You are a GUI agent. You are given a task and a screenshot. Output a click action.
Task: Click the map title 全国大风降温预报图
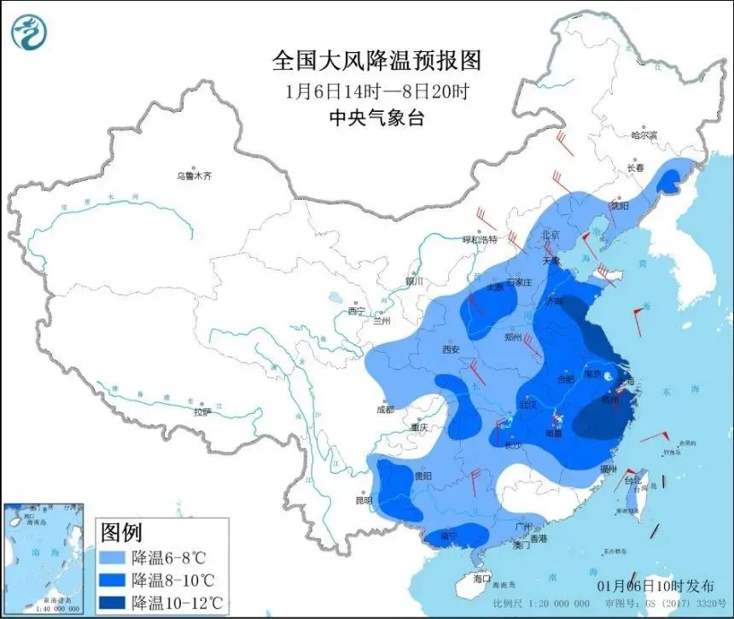tap(376, 61)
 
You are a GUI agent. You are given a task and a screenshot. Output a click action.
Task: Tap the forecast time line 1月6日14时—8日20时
tap(376, 91)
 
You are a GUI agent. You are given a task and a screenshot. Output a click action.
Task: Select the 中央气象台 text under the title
tap(376, 119)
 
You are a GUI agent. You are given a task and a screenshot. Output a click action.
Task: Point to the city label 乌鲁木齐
tap(193, 176)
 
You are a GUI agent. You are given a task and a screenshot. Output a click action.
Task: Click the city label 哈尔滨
tap(644, 135)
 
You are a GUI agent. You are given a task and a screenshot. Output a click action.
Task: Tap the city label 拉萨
tap(201, 412)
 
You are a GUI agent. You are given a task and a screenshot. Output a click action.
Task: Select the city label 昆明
tap(364, 500)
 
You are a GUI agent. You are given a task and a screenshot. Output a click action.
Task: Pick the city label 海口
tap(484, 578)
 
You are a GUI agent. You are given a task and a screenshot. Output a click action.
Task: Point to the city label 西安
tap(451, 349)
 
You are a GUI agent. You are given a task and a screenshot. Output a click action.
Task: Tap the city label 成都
tap(385, 409)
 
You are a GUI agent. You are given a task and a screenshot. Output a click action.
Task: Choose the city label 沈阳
tap(619, 206)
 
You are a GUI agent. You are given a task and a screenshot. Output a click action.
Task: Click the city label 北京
tap(550, 235)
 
